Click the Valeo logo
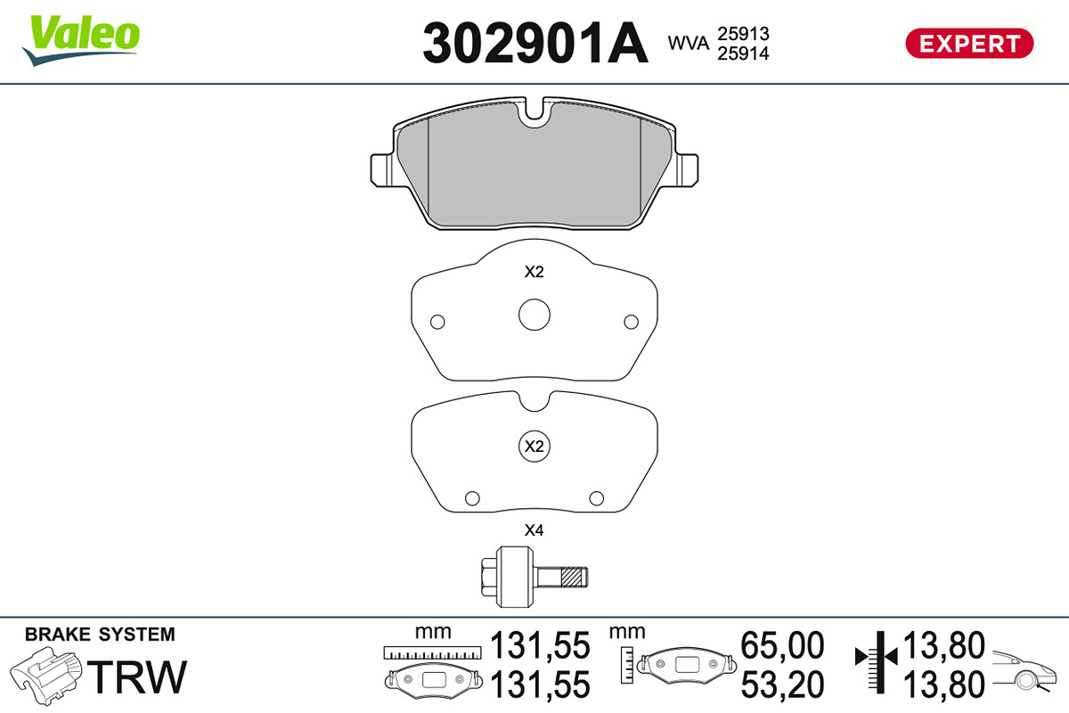point(81,40)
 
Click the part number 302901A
point(535,43)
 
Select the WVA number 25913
point(743,34)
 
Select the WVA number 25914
point(743,53)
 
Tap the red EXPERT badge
point(969,44)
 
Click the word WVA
point(688,44)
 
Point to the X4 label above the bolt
point(534,530)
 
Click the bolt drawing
point(534,577)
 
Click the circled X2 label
point(534,447)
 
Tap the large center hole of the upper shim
point(534,315)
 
